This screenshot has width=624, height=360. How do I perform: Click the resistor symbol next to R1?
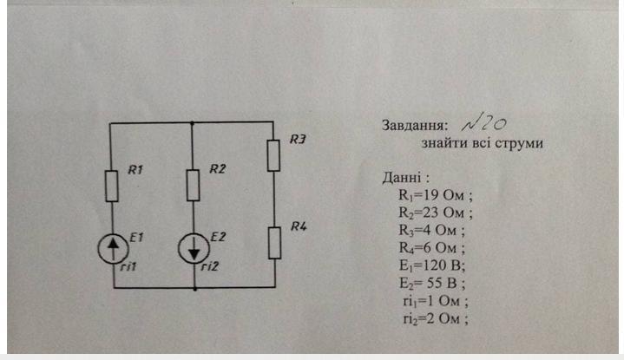pos(111,185)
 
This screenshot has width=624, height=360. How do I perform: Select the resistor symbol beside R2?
pos(193,185)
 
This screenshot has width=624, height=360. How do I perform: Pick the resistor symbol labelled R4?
pos(273,243)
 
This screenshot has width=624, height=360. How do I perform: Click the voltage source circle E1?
pos(111,249)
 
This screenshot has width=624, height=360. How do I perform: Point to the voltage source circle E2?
pos(193,250)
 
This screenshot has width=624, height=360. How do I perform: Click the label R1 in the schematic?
pos(135,170)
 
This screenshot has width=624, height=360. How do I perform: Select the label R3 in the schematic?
pos(298,139)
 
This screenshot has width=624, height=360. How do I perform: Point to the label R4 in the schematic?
pos(298,227)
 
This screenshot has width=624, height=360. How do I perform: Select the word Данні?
pos(401,177)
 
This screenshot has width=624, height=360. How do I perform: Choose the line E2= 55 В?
pos(436,283)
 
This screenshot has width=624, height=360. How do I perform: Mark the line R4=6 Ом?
pos(432,247)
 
